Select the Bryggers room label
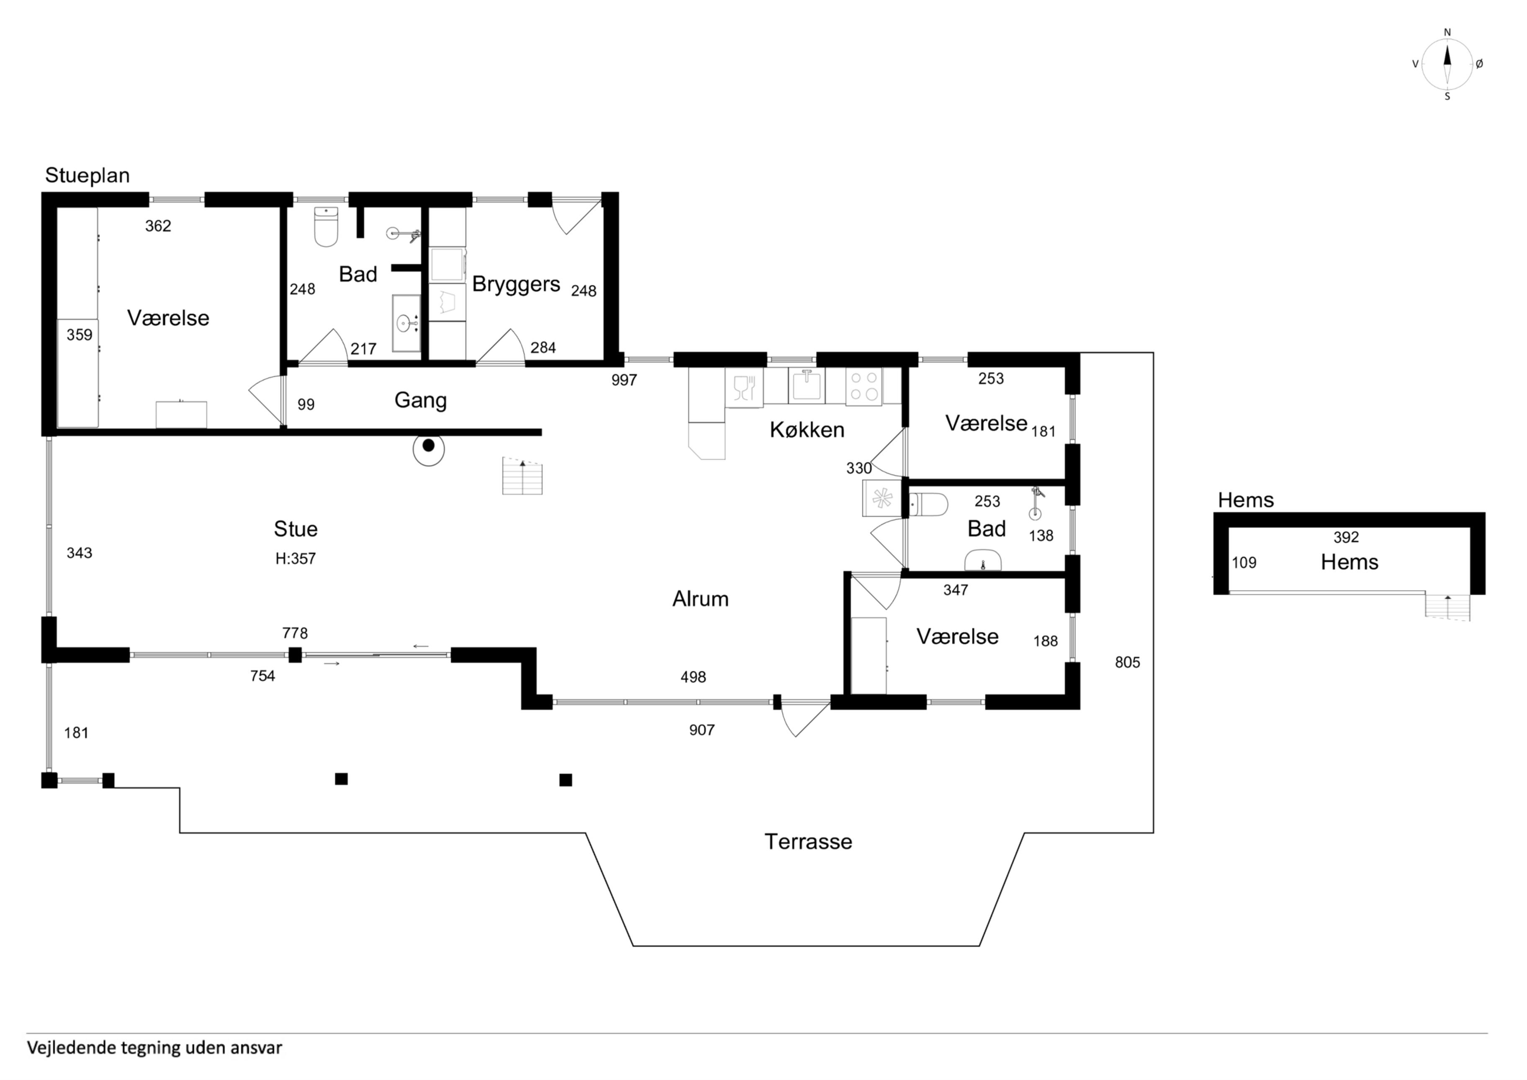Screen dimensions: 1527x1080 tap(516, 284)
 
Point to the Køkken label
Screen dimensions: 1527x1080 tap(807, 430)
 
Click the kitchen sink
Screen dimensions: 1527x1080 tap(806, 386)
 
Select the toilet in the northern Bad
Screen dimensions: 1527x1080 tap(326, 227)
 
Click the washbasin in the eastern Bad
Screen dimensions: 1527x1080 tap(983, 560)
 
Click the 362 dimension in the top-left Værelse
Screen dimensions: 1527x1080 tap(158, 226)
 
